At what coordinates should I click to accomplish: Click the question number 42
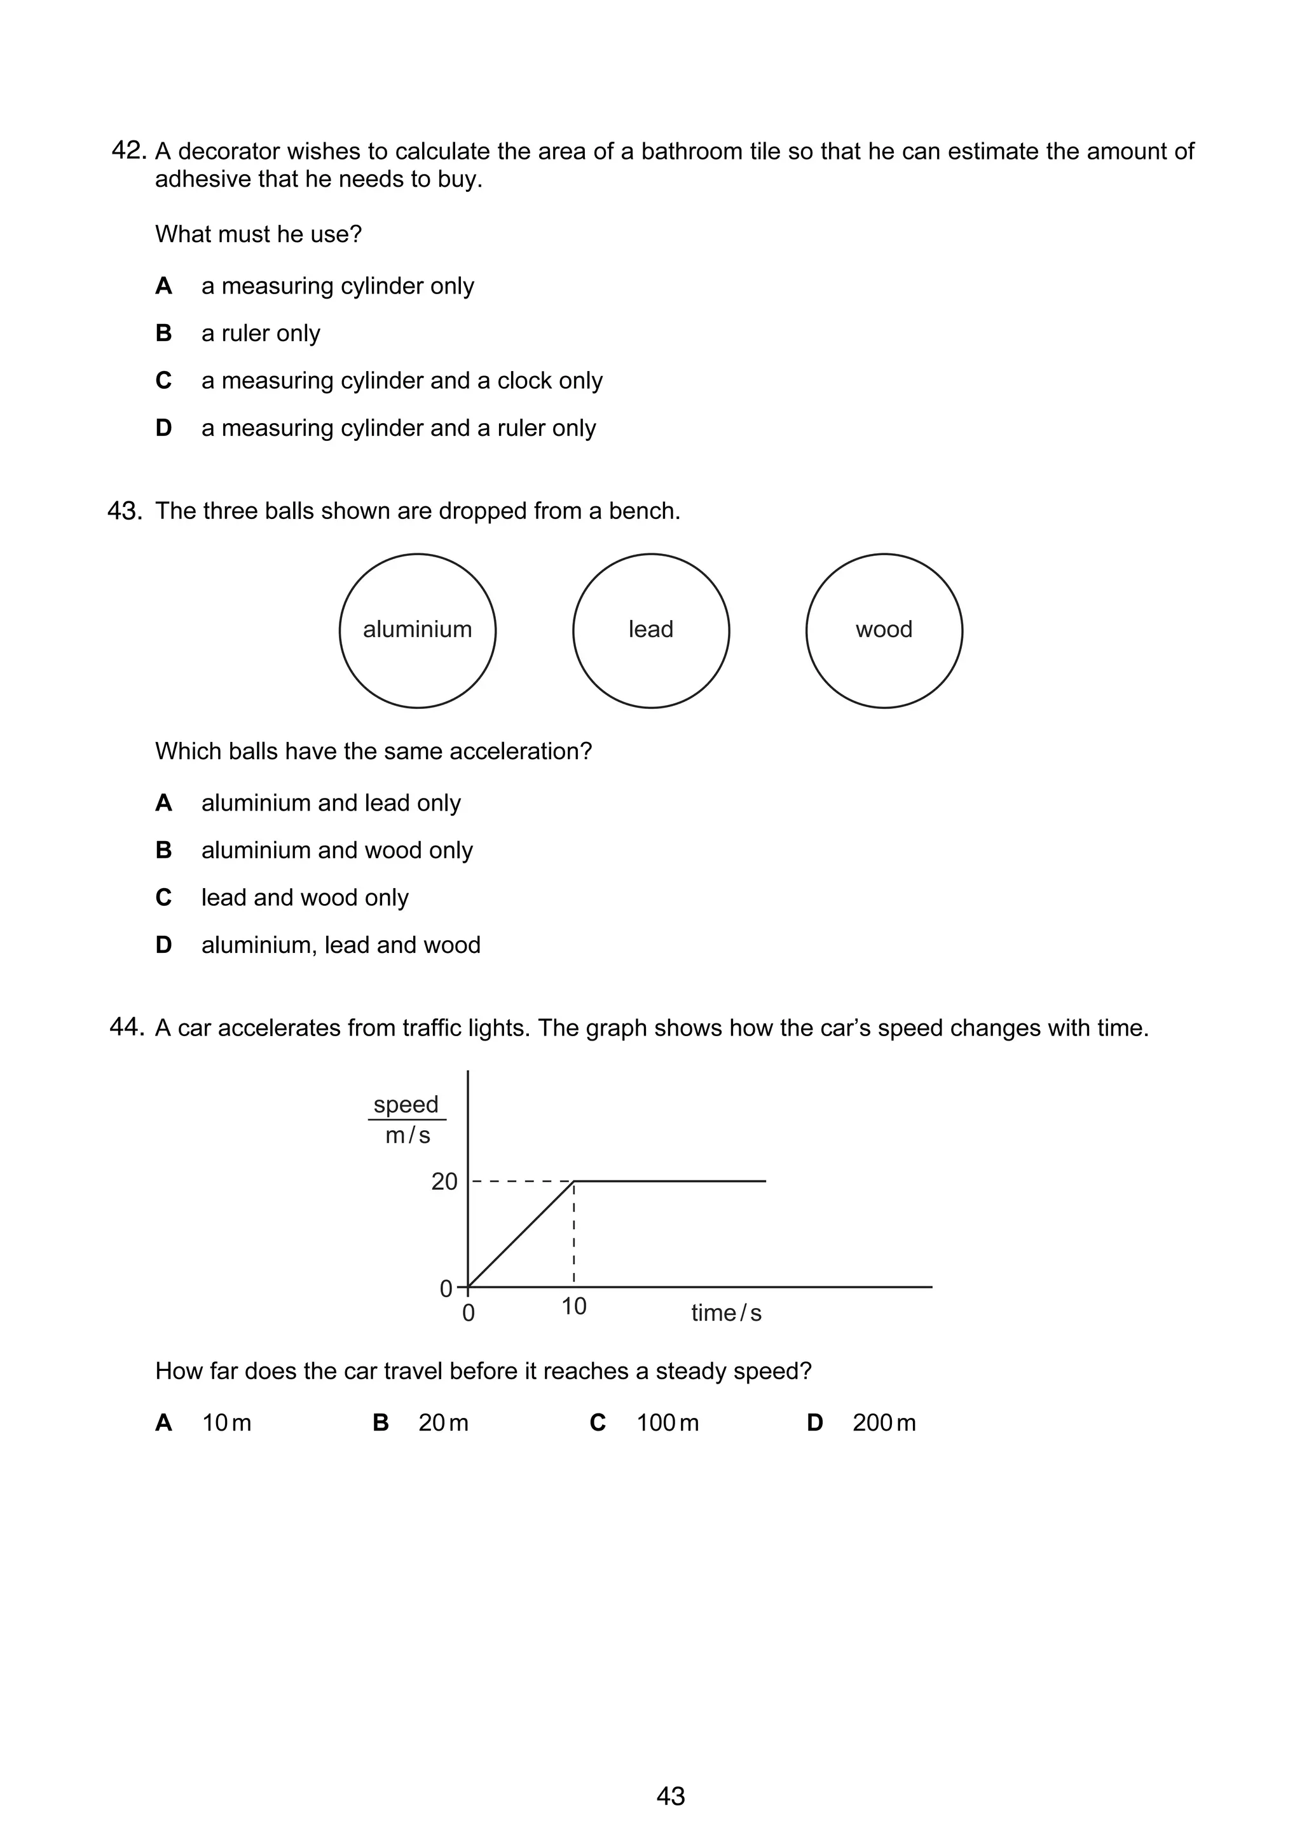tap(128, 150)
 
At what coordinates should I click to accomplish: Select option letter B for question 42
tap(163, 333)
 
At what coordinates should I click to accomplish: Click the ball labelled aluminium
tap(417, 630)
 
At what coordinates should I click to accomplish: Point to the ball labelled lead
tap(650, 630)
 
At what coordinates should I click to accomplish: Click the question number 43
tap(125, 511)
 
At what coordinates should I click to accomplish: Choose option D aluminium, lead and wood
tap(340, 945)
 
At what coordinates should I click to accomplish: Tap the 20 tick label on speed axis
tap(444, 1181)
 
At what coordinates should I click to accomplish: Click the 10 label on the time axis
tap(573, 1306)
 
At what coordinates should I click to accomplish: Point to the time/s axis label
tap(725, 1312)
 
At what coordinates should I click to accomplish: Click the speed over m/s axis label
tap(407, 1119)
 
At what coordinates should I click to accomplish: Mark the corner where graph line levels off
tap(574, 1181)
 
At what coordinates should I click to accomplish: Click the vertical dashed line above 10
tap(574, 1235)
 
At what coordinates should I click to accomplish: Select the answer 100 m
tap(667, 1422)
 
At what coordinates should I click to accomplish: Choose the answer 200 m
tap(883, 1422)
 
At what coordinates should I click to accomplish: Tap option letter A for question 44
tap(163, 1422)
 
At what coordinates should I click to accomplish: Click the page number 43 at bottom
tap(671, 1795)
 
